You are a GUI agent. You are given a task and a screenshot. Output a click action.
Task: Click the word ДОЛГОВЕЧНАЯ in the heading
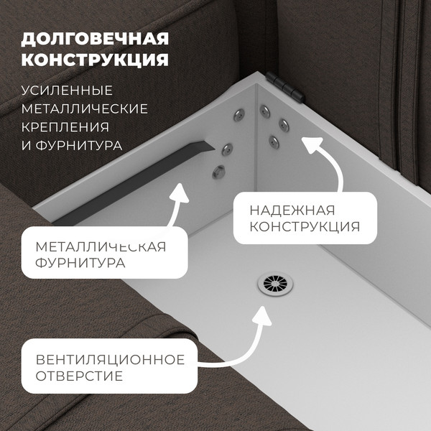(x=95, y=37)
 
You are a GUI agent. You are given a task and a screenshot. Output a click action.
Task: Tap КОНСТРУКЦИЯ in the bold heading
(x=95, y=58)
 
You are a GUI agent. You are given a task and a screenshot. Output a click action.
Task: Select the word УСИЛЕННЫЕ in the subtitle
(x=68, y=91)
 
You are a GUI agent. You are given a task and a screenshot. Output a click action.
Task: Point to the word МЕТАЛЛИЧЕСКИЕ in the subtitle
(x=85, y=109)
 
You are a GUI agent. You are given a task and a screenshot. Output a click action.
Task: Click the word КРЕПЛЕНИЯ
(x=65, y=127)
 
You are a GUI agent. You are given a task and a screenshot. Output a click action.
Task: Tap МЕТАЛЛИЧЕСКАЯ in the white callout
(x=101, y=247)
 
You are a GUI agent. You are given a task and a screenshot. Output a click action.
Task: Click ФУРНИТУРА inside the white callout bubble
(x=80, y=264)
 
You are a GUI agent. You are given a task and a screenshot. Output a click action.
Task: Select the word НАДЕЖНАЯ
(x=292, y=210)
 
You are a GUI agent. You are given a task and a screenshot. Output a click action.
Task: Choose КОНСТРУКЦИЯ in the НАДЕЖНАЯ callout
(x=305, y=228)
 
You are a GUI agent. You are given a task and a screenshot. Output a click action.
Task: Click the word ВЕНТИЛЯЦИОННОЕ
(x=110, y=359)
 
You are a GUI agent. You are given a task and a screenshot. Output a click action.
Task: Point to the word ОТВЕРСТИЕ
(x=79, y=376)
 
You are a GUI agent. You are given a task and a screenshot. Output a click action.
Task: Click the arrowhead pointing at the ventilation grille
(x=261, y=315)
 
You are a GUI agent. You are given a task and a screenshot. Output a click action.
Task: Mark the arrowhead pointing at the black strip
(x=180, y=195)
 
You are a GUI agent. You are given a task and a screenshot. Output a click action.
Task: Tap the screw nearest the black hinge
(x=266, y=110)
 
